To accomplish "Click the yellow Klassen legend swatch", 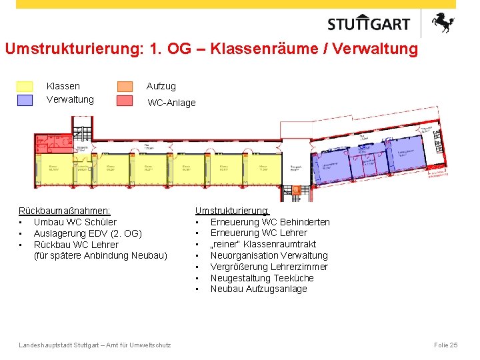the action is (24, 87).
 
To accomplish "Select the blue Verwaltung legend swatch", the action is (24, 100).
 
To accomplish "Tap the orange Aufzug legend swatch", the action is (125, 87).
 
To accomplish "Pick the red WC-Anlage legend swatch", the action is (125, 101).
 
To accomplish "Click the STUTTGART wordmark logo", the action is (369, 24).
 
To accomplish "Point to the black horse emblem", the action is (442, 23).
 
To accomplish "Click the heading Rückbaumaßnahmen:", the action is (65, 211).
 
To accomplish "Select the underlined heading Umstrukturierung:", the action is (232, 211).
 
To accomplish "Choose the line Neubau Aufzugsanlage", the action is (259, 289).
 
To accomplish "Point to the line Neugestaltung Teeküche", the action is (262, 278).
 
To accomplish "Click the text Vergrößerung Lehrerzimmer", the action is (269, 267).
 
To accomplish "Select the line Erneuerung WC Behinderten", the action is (270, 222).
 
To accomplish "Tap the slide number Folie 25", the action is (445, 345).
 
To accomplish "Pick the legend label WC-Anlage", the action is (171, 103).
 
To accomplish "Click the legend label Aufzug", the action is (161, 86).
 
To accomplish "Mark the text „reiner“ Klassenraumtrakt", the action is (263, 244).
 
